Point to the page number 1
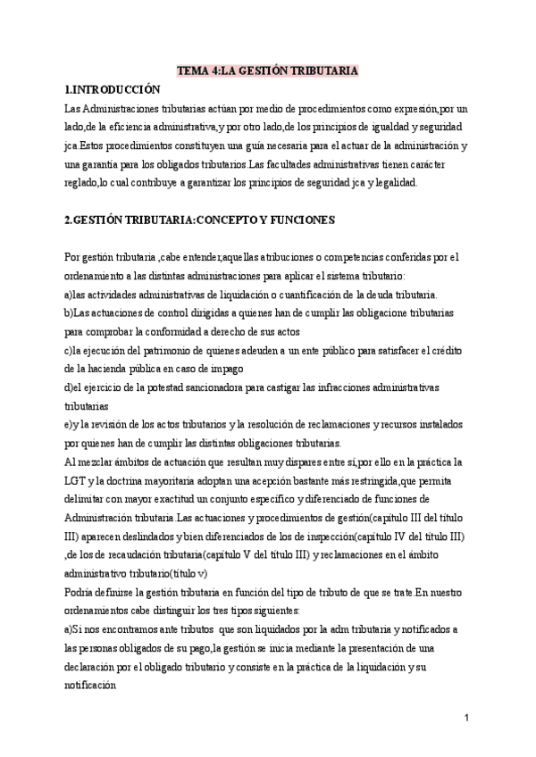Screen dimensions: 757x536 (x=466, y=718)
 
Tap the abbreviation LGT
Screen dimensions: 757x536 (x=77, y=480)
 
